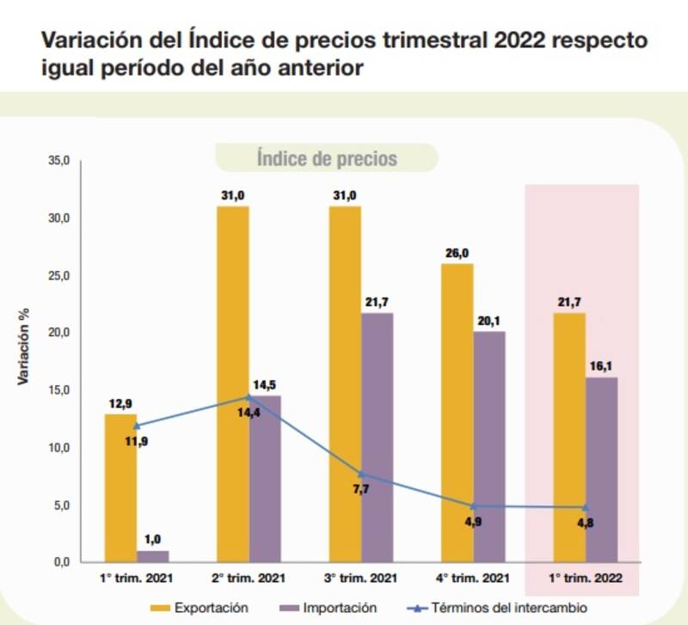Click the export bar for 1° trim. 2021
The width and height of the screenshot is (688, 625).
[120, 487]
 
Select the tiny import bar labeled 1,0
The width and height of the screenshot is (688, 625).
[153, 555]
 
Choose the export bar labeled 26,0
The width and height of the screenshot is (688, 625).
[457, 412]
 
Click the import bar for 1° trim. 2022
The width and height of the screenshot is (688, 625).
[601, 469]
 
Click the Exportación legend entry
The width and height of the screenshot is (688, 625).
[205, 608]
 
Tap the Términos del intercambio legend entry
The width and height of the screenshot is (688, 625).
[498, 608]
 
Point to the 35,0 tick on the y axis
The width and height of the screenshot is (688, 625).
[58, 161]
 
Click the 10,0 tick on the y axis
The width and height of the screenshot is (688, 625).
[58, 448]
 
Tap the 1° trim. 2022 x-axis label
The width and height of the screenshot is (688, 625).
[585, 578]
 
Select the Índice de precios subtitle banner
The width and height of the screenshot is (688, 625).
[327, 159]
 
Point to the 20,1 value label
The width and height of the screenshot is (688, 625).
[488, 321]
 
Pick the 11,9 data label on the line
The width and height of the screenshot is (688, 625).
[137, 443]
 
